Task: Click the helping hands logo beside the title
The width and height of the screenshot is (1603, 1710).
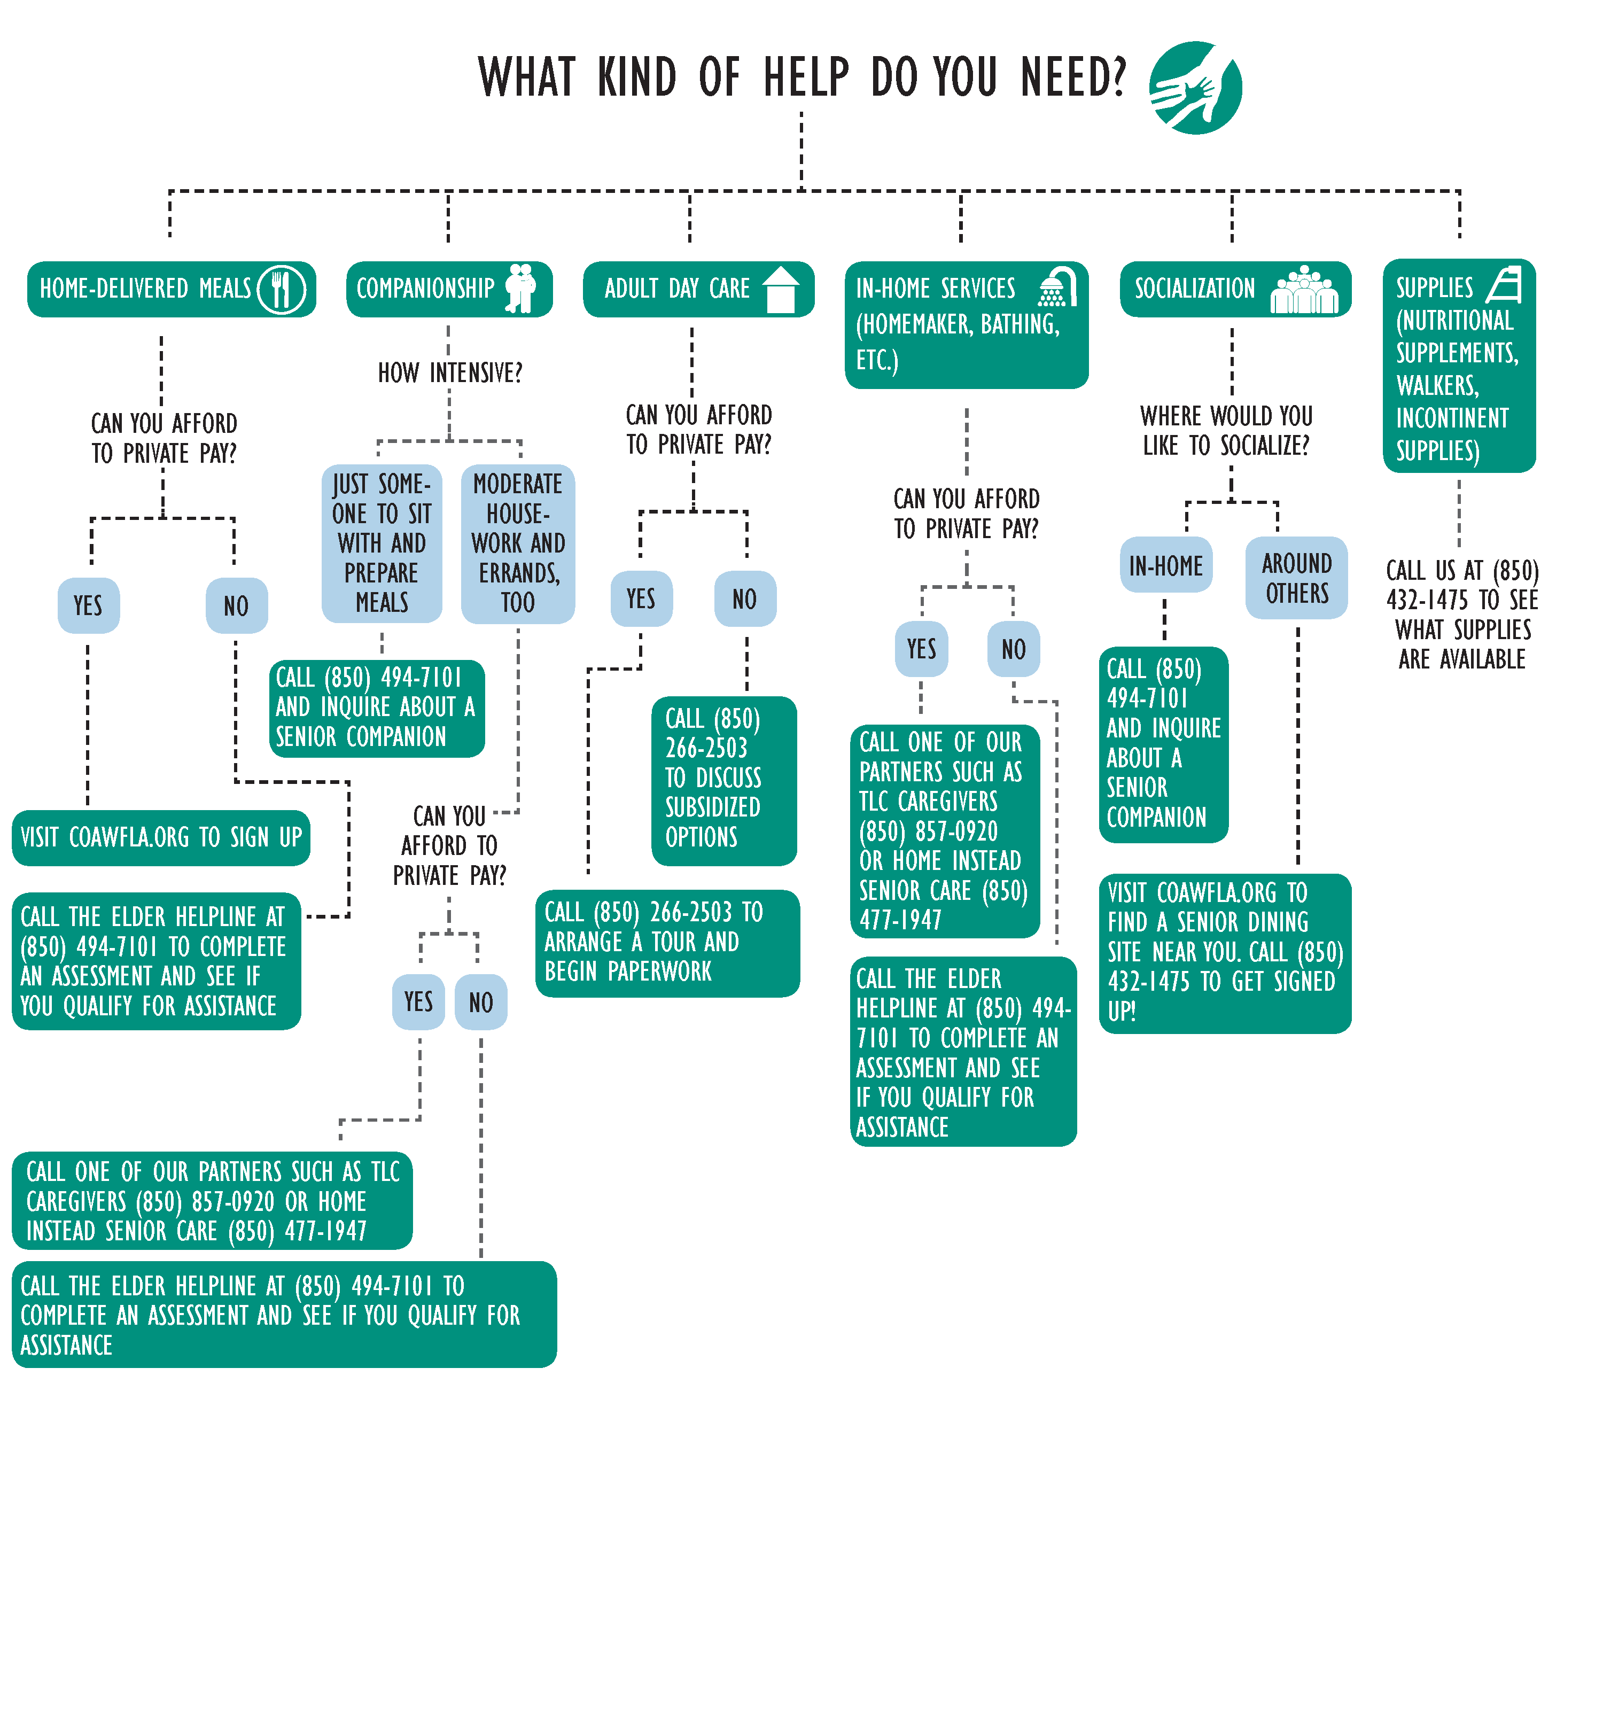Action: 1195,88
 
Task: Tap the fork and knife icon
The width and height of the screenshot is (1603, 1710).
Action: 281,289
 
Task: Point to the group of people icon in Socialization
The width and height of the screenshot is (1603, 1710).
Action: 1305,289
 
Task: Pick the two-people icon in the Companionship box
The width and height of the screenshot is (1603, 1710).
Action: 521,288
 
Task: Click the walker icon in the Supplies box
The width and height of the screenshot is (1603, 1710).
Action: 1504,285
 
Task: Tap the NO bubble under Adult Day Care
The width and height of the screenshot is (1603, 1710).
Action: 745,598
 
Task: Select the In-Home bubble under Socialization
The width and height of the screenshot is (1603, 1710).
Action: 1166,565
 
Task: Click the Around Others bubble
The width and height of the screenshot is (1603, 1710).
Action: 1297,578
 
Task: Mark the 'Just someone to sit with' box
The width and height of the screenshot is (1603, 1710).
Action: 382,543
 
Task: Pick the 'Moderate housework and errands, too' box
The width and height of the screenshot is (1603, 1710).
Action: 518,543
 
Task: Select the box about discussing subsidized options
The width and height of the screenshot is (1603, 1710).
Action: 724,780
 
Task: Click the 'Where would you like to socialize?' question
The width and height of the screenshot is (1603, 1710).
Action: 1226,431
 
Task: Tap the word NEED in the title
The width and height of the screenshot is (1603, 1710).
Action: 1073,77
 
